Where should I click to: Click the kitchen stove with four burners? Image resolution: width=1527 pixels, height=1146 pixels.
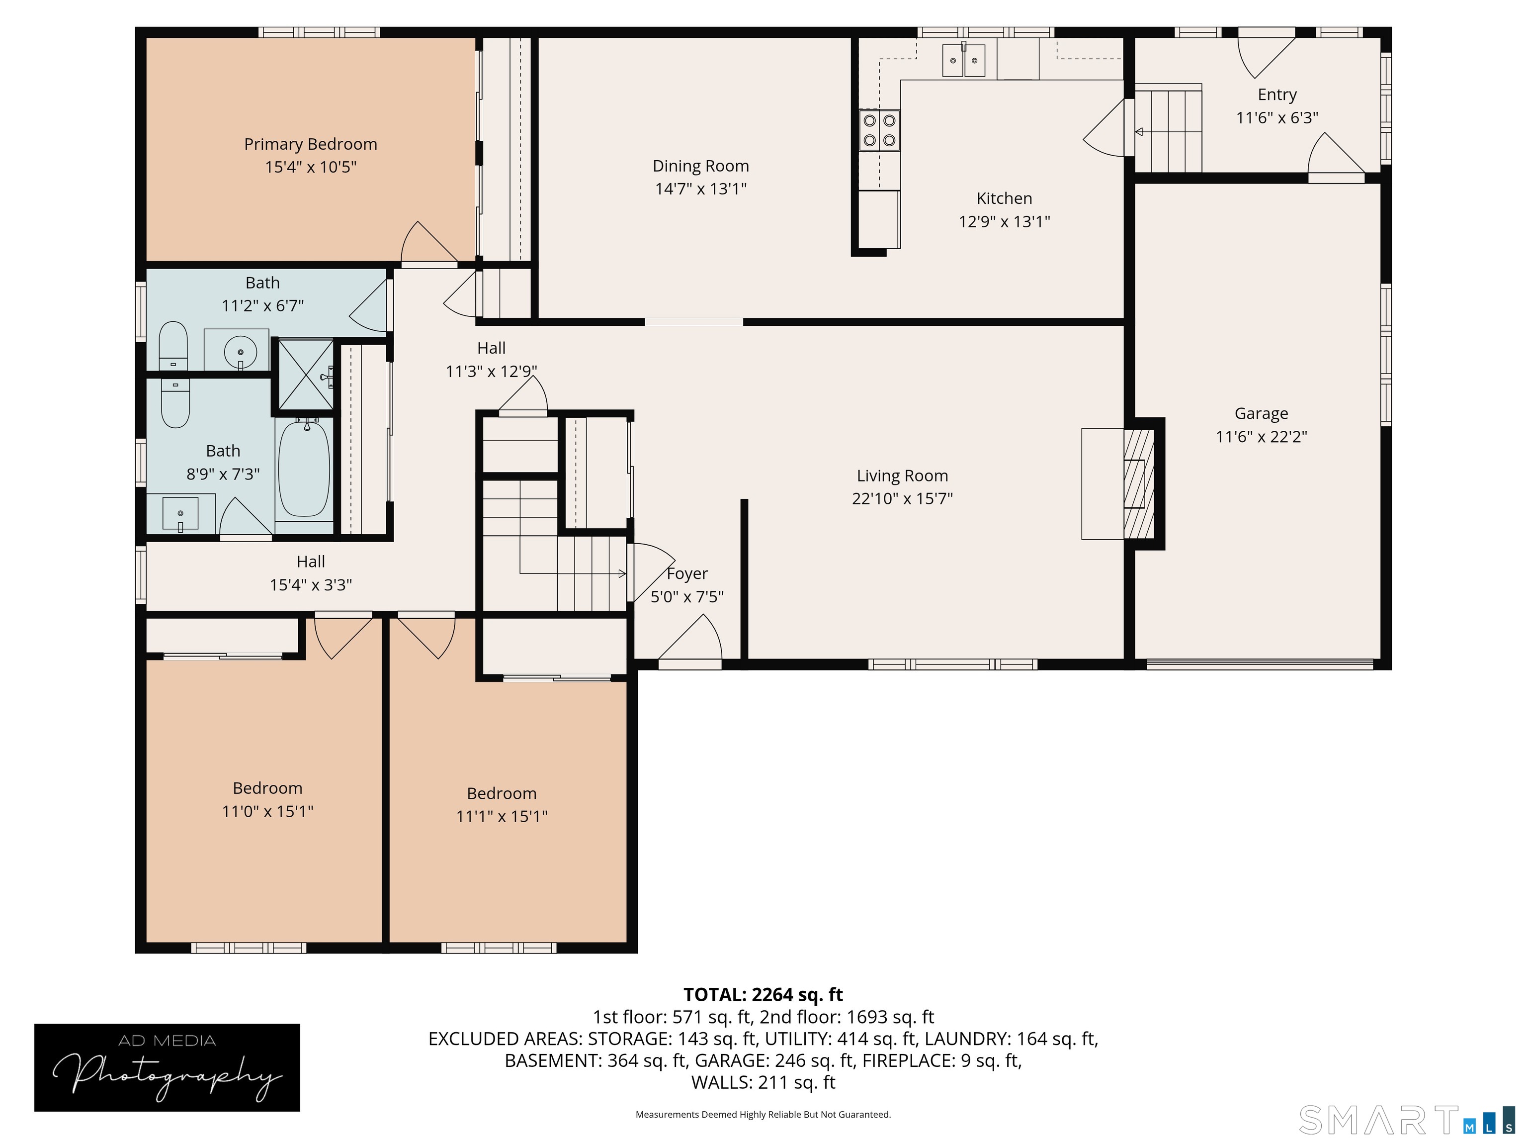(x=879, y=130)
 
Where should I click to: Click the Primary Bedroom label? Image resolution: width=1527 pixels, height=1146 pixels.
(x=311, y=144)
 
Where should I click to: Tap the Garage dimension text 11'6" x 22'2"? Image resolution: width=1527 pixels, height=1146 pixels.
(x=1261, y=437)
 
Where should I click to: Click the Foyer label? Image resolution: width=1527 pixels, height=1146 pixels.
(x=687, y=573)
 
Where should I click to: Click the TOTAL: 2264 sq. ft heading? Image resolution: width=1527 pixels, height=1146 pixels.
(x=763, y=995)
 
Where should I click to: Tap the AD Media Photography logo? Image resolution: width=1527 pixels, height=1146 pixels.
(x=167, y=1067)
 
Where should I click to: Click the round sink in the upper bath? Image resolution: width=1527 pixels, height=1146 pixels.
(x=240, y=352)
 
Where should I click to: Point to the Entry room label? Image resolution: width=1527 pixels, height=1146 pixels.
(x=1276, y=95)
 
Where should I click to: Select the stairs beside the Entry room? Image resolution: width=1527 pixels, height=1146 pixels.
(x=1168, y=130)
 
